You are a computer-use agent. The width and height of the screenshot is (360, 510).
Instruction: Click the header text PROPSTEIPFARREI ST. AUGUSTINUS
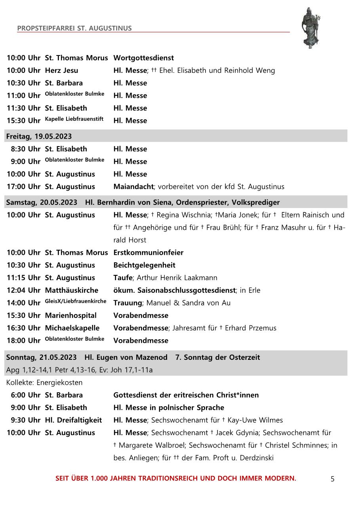click(x=74, y=28)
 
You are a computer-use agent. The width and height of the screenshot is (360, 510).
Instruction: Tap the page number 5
click(x=332, y=479)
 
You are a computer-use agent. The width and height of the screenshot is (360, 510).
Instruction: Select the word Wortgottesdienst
click(x=143, y=58)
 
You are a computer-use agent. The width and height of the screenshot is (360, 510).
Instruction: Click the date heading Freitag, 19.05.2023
click(x=39, y=136)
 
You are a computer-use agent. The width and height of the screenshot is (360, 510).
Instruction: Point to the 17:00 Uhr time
click(x=23, y=187)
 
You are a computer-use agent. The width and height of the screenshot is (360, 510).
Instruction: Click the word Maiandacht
click(x=133, y=187)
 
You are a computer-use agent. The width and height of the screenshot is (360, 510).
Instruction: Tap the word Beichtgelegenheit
click(x=144, y=265)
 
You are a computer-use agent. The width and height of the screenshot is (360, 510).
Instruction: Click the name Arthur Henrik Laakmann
click(x=177, y=278)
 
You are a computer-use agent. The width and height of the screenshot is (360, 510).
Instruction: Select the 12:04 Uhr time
click(x=23, y=290)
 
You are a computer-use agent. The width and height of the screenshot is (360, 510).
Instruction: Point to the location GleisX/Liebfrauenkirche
click(x=76, y=301)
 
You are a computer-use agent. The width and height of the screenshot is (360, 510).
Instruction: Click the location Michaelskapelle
click(x=72, y=328)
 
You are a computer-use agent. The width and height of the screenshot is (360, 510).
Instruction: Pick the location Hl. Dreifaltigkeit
click(x=73, y=420)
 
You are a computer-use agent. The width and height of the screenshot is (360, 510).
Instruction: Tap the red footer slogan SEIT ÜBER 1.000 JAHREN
click(x=175, y=478)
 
